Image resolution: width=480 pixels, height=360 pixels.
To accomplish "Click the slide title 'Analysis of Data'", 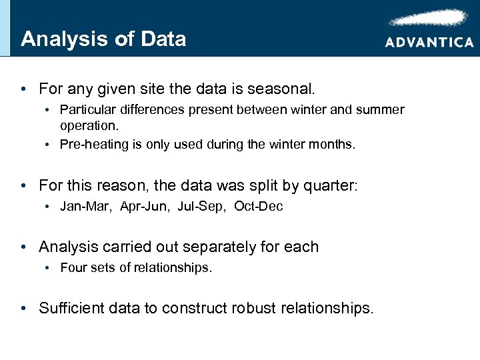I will (x=103, y=39).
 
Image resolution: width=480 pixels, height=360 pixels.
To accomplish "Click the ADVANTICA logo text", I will (x=429, y=42).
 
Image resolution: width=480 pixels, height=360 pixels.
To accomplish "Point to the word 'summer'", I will (x=379, y=109).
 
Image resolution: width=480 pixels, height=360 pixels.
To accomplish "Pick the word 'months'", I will (x=333, y=144).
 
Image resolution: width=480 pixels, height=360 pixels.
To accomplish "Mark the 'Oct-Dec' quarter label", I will (x=259, y=207).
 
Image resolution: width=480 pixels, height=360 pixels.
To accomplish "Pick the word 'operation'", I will (x=87, y=125).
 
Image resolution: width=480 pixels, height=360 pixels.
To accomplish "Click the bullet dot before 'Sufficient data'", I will (x=25, y=308).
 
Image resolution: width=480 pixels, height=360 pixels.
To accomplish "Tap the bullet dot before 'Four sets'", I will (x=49, y=269).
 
